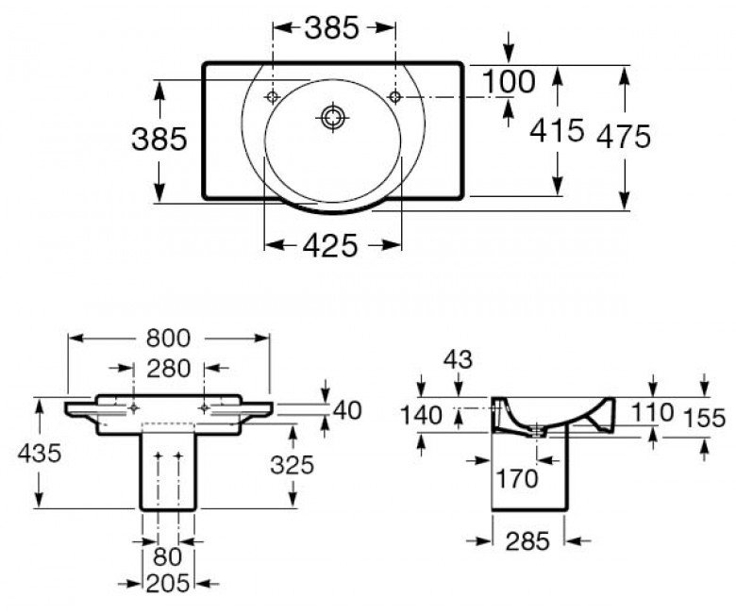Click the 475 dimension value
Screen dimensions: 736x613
point(624,137)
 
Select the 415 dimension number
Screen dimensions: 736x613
point(557,129)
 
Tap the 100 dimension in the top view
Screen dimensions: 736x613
point(509,81)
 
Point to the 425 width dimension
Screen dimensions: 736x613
point(330,245)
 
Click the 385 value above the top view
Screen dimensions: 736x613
point(332,27)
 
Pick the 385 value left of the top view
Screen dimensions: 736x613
point(159,139)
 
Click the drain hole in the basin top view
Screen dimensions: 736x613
point(333,116)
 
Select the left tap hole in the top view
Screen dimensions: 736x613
point(273,97)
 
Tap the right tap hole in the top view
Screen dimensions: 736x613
point(395,97)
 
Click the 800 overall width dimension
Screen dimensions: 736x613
point(168,339)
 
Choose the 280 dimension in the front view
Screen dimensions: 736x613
point(168,369)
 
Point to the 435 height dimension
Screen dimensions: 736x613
point(40,453)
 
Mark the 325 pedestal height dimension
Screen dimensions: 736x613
point(292,465)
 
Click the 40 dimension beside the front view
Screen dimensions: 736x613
point(347,410)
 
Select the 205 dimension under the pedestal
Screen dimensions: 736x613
point(168,584)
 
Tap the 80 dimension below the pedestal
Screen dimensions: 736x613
point(167,557)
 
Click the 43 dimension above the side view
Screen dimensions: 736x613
point(459,360)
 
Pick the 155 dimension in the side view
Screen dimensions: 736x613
point(705,418)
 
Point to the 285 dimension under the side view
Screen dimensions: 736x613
point(527,541)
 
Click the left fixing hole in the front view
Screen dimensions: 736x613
point(134,408)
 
